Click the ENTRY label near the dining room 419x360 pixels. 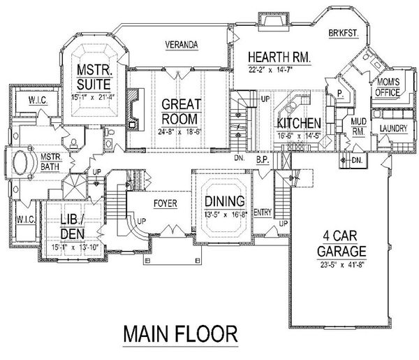pos(263,213)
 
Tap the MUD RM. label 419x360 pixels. pos(357,125)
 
